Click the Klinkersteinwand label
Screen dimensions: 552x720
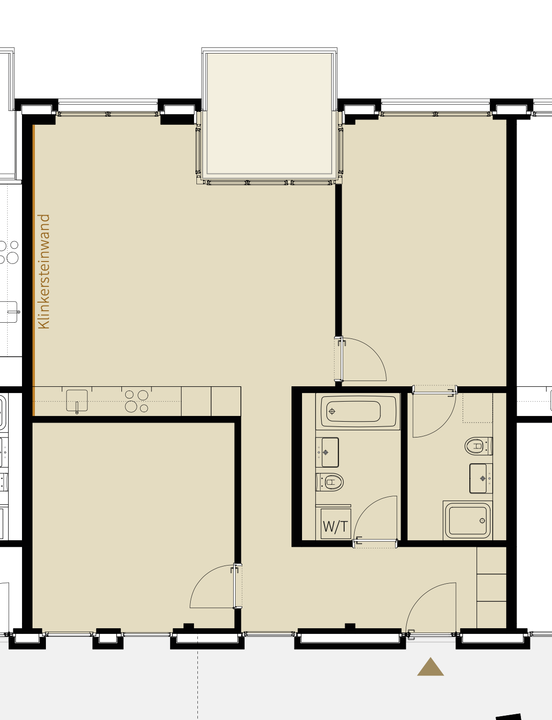point(43,272)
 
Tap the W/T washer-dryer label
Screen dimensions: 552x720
point(336,526)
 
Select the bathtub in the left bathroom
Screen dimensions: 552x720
point(357,411)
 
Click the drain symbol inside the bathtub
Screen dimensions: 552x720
point(332,411)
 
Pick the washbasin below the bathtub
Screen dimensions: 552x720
point(327,452)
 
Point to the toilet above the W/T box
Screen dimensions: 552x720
point(330,482)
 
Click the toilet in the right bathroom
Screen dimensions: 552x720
point(478,446)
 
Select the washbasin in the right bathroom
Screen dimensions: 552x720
point(481,478)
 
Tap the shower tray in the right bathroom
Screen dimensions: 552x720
point(467,520)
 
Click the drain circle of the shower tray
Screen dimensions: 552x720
point(482,521)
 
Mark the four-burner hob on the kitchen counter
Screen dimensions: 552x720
point(137,401)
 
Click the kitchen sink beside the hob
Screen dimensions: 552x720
point(77,401)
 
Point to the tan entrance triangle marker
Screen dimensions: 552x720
point(430,666)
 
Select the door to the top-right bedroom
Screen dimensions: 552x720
point(360,359)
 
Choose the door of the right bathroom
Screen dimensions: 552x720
point(434,411)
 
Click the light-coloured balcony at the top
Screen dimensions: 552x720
point(269,114)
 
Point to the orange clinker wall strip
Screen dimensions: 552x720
point(34,270)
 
